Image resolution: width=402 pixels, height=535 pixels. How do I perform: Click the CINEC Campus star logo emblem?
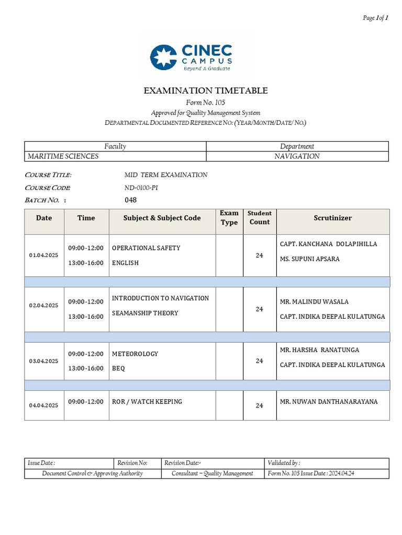(163, 57)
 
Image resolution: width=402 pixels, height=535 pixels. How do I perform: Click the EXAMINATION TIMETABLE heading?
(206, 91)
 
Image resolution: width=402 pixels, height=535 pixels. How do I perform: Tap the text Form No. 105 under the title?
(206, 102)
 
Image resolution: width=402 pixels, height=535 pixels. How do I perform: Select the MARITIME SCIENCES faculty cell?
(63, 156)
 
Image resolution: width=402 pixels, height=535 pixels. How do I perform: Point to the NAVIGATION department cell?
(297, 156)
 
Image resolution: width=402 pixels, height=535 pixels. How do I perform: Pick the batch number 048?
(130, 200)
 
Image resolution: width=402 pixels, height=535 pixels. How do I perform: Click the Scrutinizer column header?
(332, 218)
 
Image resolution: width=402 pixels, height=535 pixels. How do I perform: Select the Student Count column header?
(260, 217)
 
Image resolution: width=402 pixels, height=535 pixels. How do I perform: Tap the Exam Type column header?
(229, 217)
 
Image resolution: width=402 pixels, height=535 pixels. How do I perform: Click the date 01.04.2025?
(44, 255)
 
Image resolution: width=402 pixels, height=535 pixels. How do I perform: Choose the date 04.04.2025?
(44, 405)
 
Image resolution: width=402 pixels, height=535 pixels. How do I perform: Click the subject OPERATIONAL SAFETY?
(146, 248)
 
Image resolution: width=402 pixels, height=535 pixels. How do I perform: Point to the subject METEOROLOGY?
(135, 354)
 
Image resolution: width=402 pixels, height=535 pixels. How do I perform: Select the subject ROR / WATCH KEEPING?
(147, 402)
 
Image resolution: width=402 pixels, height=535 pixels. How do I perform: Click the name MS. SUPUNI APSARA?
(310, 259)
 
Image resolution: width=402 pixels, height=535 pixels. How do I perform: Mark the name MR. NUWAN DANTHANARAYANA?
(329, 402)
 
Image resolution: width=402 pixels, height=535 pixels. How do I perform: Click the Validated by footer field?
(284, 463)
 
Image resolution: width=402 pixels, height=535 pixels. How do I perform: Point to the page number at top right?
(375, 18)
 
